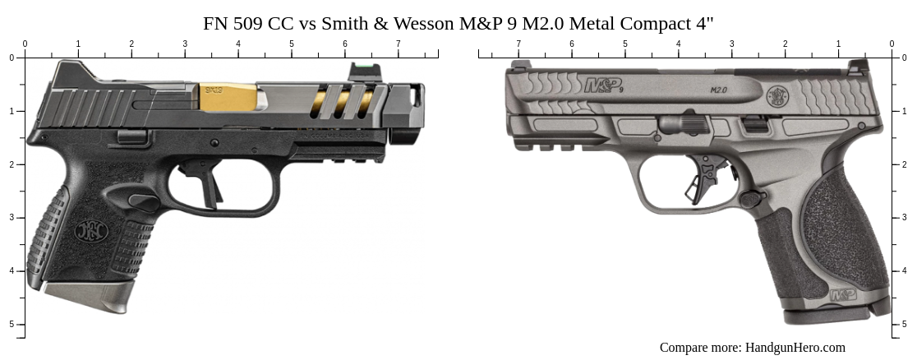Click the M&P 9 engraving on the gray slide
[x=603, y=85]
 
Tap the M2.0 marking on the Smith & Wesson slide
[x=719, y=89]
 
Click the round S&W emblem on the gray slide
[x=777, y=96]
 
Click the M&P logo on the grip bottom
[x=842, y=293]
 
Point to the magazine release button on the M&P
[x=749, y=198]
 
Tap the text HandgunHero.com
[x=795, y=348]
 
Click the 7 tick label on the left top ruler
[x=398, y=44]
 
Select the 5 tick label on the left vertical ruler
[x=12, y=325]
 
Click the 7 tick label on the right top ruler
[x=518, y=44]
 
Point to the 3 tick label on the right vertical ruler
[x=905, y=218]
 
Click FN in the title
[x=215, y=23]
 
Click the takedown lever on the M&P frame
[x=684, y=124]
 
